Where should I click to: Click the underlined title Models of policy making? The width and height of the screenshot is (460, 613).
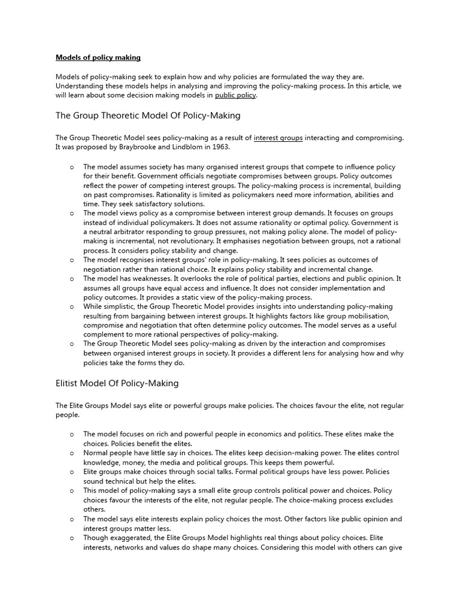pyautogui.click(x=98, y=57)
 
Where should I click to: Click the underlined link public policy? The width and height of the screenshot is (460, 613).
pyautogui.click(x=235, y=95)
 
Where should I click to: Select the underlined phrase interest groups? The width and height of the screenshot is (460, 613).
pyautogui.click(x=279, y=138)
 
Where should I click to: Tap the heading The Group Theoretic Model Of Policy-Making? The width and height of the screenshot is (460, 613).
pyautogui.click(x=148, y=116)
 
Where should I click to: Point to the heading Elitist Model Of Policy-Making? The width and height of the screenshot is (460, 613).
pyautogui.click(x=117, y=383)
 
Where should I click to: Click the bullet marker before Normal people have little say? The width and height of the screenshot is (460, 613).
pyautogui.click(x=72, y=453)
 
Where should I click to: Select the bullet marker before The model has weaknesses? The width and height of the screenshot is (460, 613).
pyautogui.click(x=72, y=278)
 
